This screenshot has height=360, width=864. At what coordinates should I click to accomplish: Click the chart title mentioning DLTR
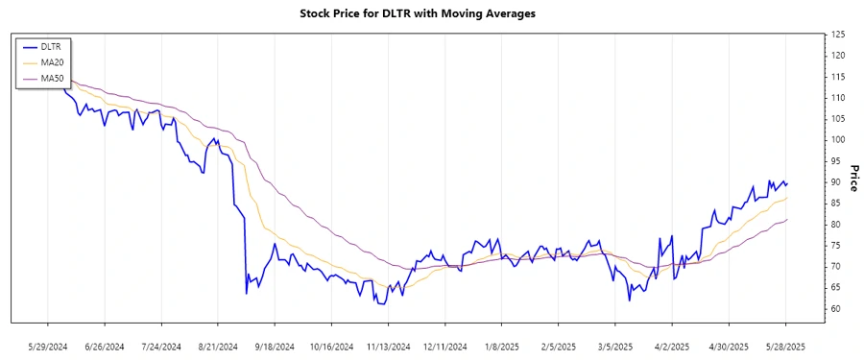(431, 14)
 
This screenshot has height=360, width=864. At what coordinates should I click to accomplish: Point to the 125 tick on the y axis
(838, 35)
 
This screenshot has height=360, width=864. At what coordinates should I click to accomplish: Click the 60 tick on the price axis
(836, 309)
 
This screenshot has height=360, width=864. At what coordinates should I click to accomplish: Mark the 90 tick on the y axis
(836, 182)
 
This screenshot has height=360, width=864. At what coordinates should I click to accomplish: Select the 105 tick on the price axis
(838, 119)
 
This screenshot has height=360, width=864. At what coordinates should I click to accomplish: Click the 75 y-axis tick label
(836, 246)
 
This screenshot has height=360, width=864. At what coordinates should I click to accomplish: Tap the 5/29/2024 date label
(48, 347)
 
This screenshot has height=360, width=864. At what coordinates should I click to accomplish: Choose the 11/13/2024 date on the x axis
(389, 347)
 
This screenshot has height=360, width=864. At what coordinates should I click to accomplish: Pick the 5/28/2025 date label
(786, 347)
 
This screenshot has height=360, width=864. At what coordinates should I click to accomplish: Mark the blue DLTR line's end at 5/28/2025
(787, 183)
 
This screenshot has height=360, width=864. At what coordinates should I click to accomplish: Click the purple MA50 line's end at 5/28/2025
(787, 220)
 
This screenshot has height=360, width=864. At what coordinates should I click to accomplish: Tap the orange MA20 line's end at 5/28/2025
(787, 198)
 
